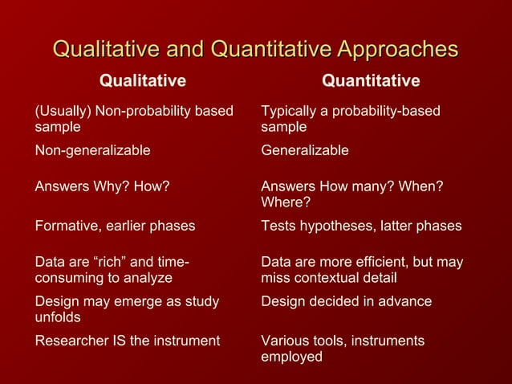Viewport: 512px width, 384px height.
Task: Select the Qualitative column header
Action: pyautogui.click(x=142, y=80)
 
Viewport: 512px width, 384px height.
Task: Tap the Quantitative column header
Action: pyautogui.click(x=370, y=80)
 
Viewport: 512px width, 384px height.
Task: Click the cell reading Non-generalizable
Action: pyautogui.click(x=92, y=150)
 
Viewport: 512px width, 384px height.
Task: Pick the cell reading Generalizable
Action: pyautogui.click(x=305, y=150)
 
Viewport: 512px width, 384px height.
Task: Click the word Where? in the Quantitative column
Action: pyautogui.click(x=286, y=202)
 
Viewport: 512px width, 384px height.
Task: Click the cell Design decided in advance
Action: pyautogui.click(x=346, y=301)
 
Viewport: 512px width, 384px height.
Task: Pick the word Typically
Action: pyautogui.click(x=290, y=111)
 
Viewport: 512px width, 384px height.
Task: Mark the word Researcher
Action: pyautogui.click(x=67, y=341)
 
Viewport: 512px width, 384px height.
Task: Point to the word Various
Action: pyautogui.click(x=285, y=341)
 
